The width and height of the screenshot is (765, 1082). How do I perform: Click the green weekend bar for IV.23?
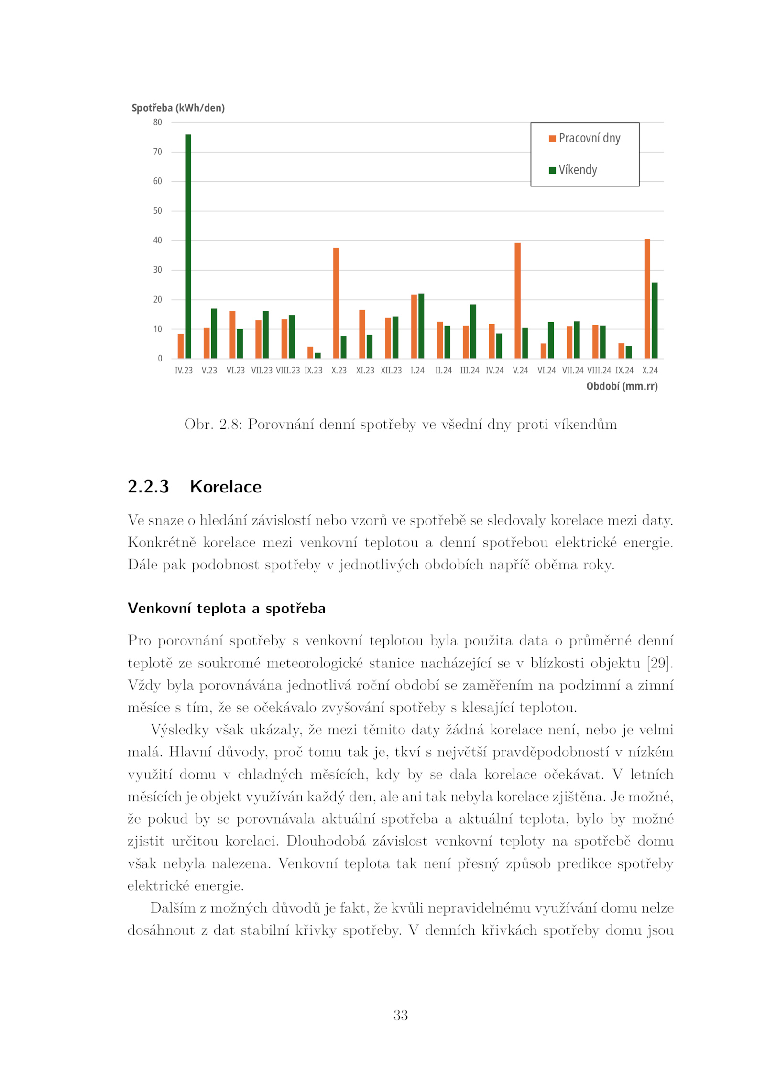pos(188,246)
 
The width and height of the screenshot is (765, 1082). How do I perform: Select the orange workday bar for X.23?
pos(336,303)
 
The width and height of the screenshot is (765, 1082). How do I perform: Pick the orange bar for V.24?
pos(517,300)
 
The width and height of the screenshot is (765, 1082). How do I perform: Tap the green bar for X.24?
pos(655,320)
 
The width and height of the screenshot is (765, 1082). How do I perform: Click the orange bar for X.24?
pos(647,298)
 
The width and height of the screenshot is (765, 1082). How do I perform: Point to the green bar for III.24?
pos(473,331)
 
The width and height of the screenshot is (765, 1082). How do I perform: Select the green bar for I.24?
pos(421,326)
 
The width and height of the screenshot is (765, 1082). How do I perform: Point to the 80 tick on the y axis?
pos(157,122)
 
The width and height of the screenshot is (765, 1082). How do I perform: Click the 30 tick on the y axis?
pos(157,270)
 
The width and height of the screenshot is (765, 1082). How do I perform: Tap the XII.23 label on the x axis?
pos(391,370)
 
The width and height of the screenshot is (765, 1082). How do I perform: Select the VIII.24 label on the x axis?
pos(599,370)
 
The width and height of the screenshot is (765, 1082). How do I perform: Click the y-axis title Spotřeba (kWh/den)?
pos(178,108)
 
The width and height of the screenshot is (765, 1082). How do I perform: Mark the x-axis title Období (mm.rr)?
pos(622,386)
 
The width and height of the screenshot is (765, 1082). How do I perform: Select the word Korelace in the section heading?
pos(226,486)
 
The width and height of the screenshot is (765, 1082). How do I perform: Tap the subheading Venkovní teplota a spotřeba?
pos(226,608)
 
